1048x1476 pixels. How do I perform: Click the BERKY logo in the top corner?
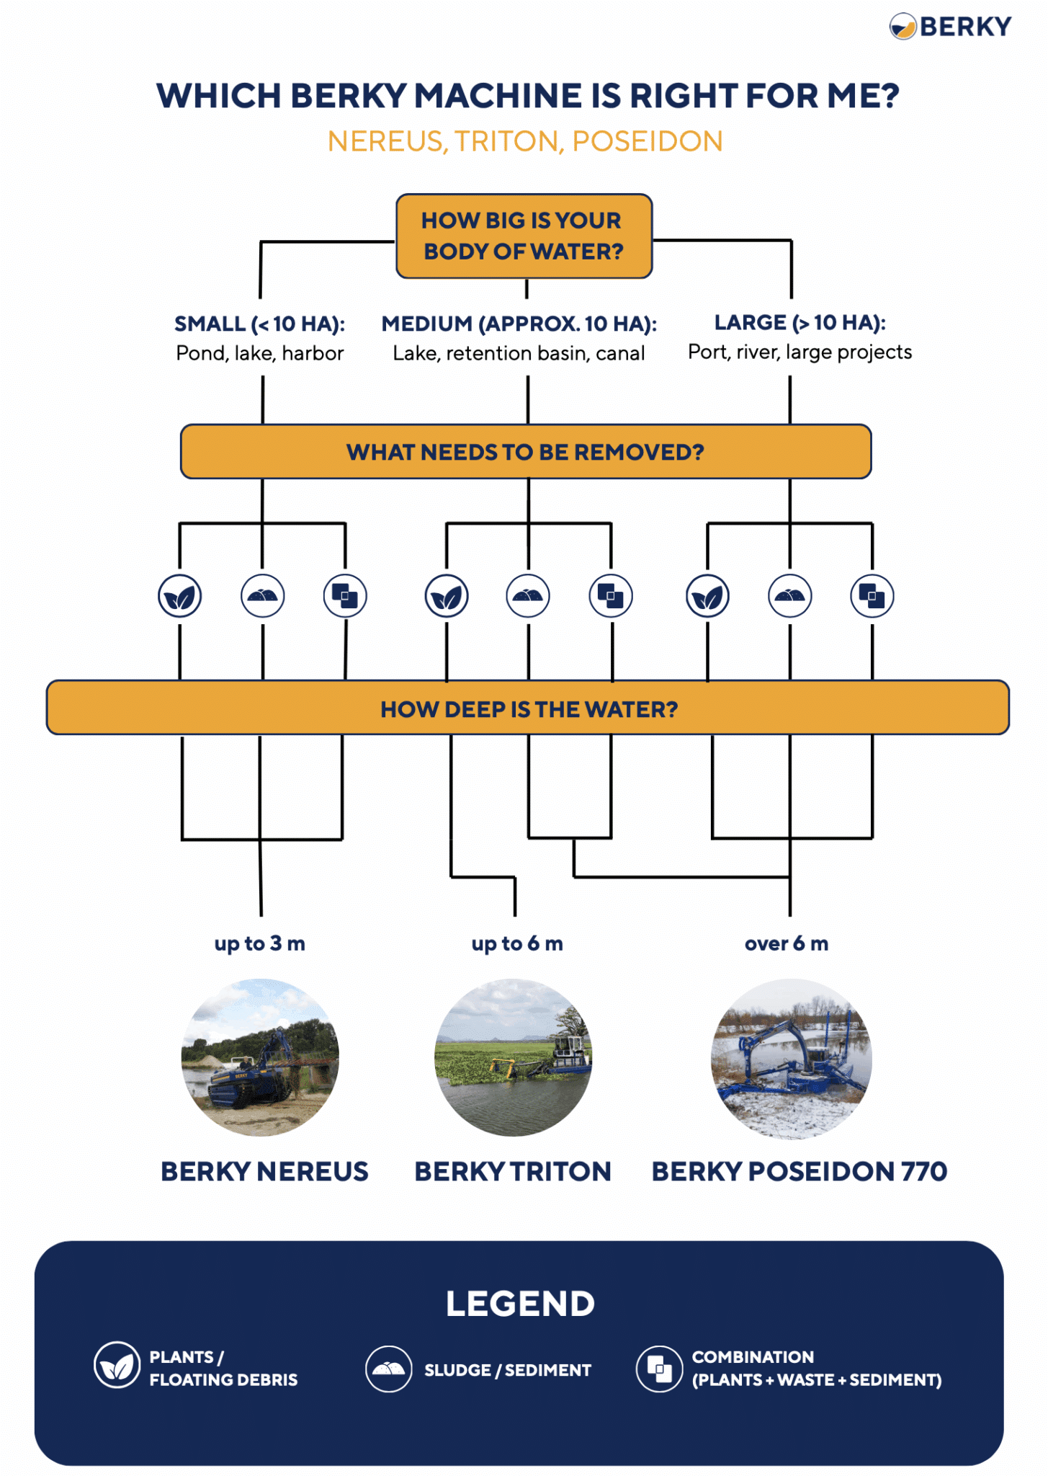pos(950,27)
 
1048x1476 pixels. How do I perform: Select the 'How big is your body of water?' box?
pos(524,236)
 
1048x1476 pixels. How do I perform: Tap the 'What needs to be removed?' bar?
pos(525,452)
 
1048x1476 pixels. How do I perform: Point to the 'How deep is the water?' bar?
pos(528,708)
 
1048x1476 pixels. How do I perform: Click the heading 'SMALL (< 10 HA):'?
pos(260,324)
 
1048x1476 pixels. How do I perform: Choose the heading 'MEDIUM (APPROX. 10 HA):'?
pos(519,324)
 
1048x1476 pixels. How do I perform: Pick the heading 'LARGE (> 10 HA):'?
pos(800,322)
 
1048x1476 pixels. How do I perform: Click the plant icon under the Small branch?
pos(179,597)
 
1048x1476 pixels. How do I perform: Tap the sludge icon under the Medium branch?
pos(528,596)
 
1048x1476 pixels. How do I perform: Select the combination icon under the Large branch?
pos(872,597)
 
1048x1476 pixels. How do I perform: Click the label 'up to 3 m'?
pos(260,943)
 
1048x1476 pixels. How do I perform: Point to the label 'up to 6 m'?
pos(517,943)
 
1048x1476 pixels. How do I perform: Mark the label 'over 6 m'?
pos(787,943)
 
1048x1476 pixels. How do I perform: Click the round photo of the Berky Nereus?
pos(260,1057)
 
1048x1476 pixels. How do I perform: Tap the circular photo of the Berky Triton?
pos(514,1057)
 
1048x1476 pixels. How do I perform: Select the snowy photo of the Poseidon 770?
pos(791,1058)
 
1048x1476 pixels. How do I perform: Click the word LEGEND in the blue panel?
pos(520,1304)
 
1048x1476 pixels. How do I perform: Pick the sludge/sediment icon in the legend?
pos(389,1369)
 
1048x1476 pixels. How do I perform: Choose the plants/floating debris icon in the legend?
pos(117,1365)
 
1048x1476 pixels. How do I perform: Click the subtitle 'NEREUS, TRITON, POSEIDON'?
pos(525,141)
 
